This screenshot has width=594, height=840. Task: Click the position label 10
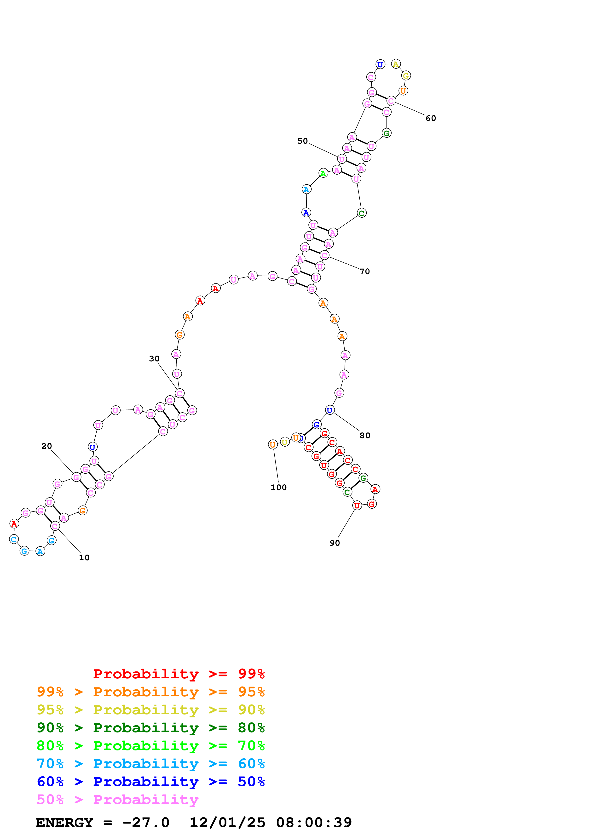pyautogui.click(x=84, y=557)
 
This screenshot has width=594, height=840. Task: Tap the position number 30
pyautogui.click(x=154, y=358)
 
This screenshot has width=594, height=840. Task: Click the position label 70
pyautogui.click(x=364, y=272)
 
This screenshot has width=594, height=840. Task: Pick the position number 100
pyautogui.click(x=278, y=487)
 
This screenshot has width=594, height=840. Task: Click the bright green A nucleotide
pyautogui.click(x=323, y=173)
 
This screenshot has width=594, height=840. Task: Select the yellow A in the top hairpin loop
pyautogui.click(x=396, y=64)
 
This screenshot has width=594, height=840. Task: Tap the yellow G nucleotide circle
pyautogui.click(x=405, y=76)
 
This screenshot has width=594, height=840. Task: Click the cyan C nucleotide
pyautogui.click(x=14, y=539)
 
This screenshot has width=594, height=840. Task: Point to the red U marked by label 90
pyautogui.click(x=357, y=506)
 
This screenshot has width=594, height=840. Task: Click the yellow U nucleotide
pyautogui.click(x=284, y=442)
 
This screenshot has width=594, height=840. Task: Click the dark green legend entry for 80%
pyautogui.click(x=150, y=728)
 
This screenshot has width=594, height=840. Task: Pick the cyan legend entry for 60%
pyautogui.click(x=150, y=764)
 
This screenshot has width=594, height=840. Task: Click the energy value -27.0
pyautogui.click(x=146, y=823)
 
